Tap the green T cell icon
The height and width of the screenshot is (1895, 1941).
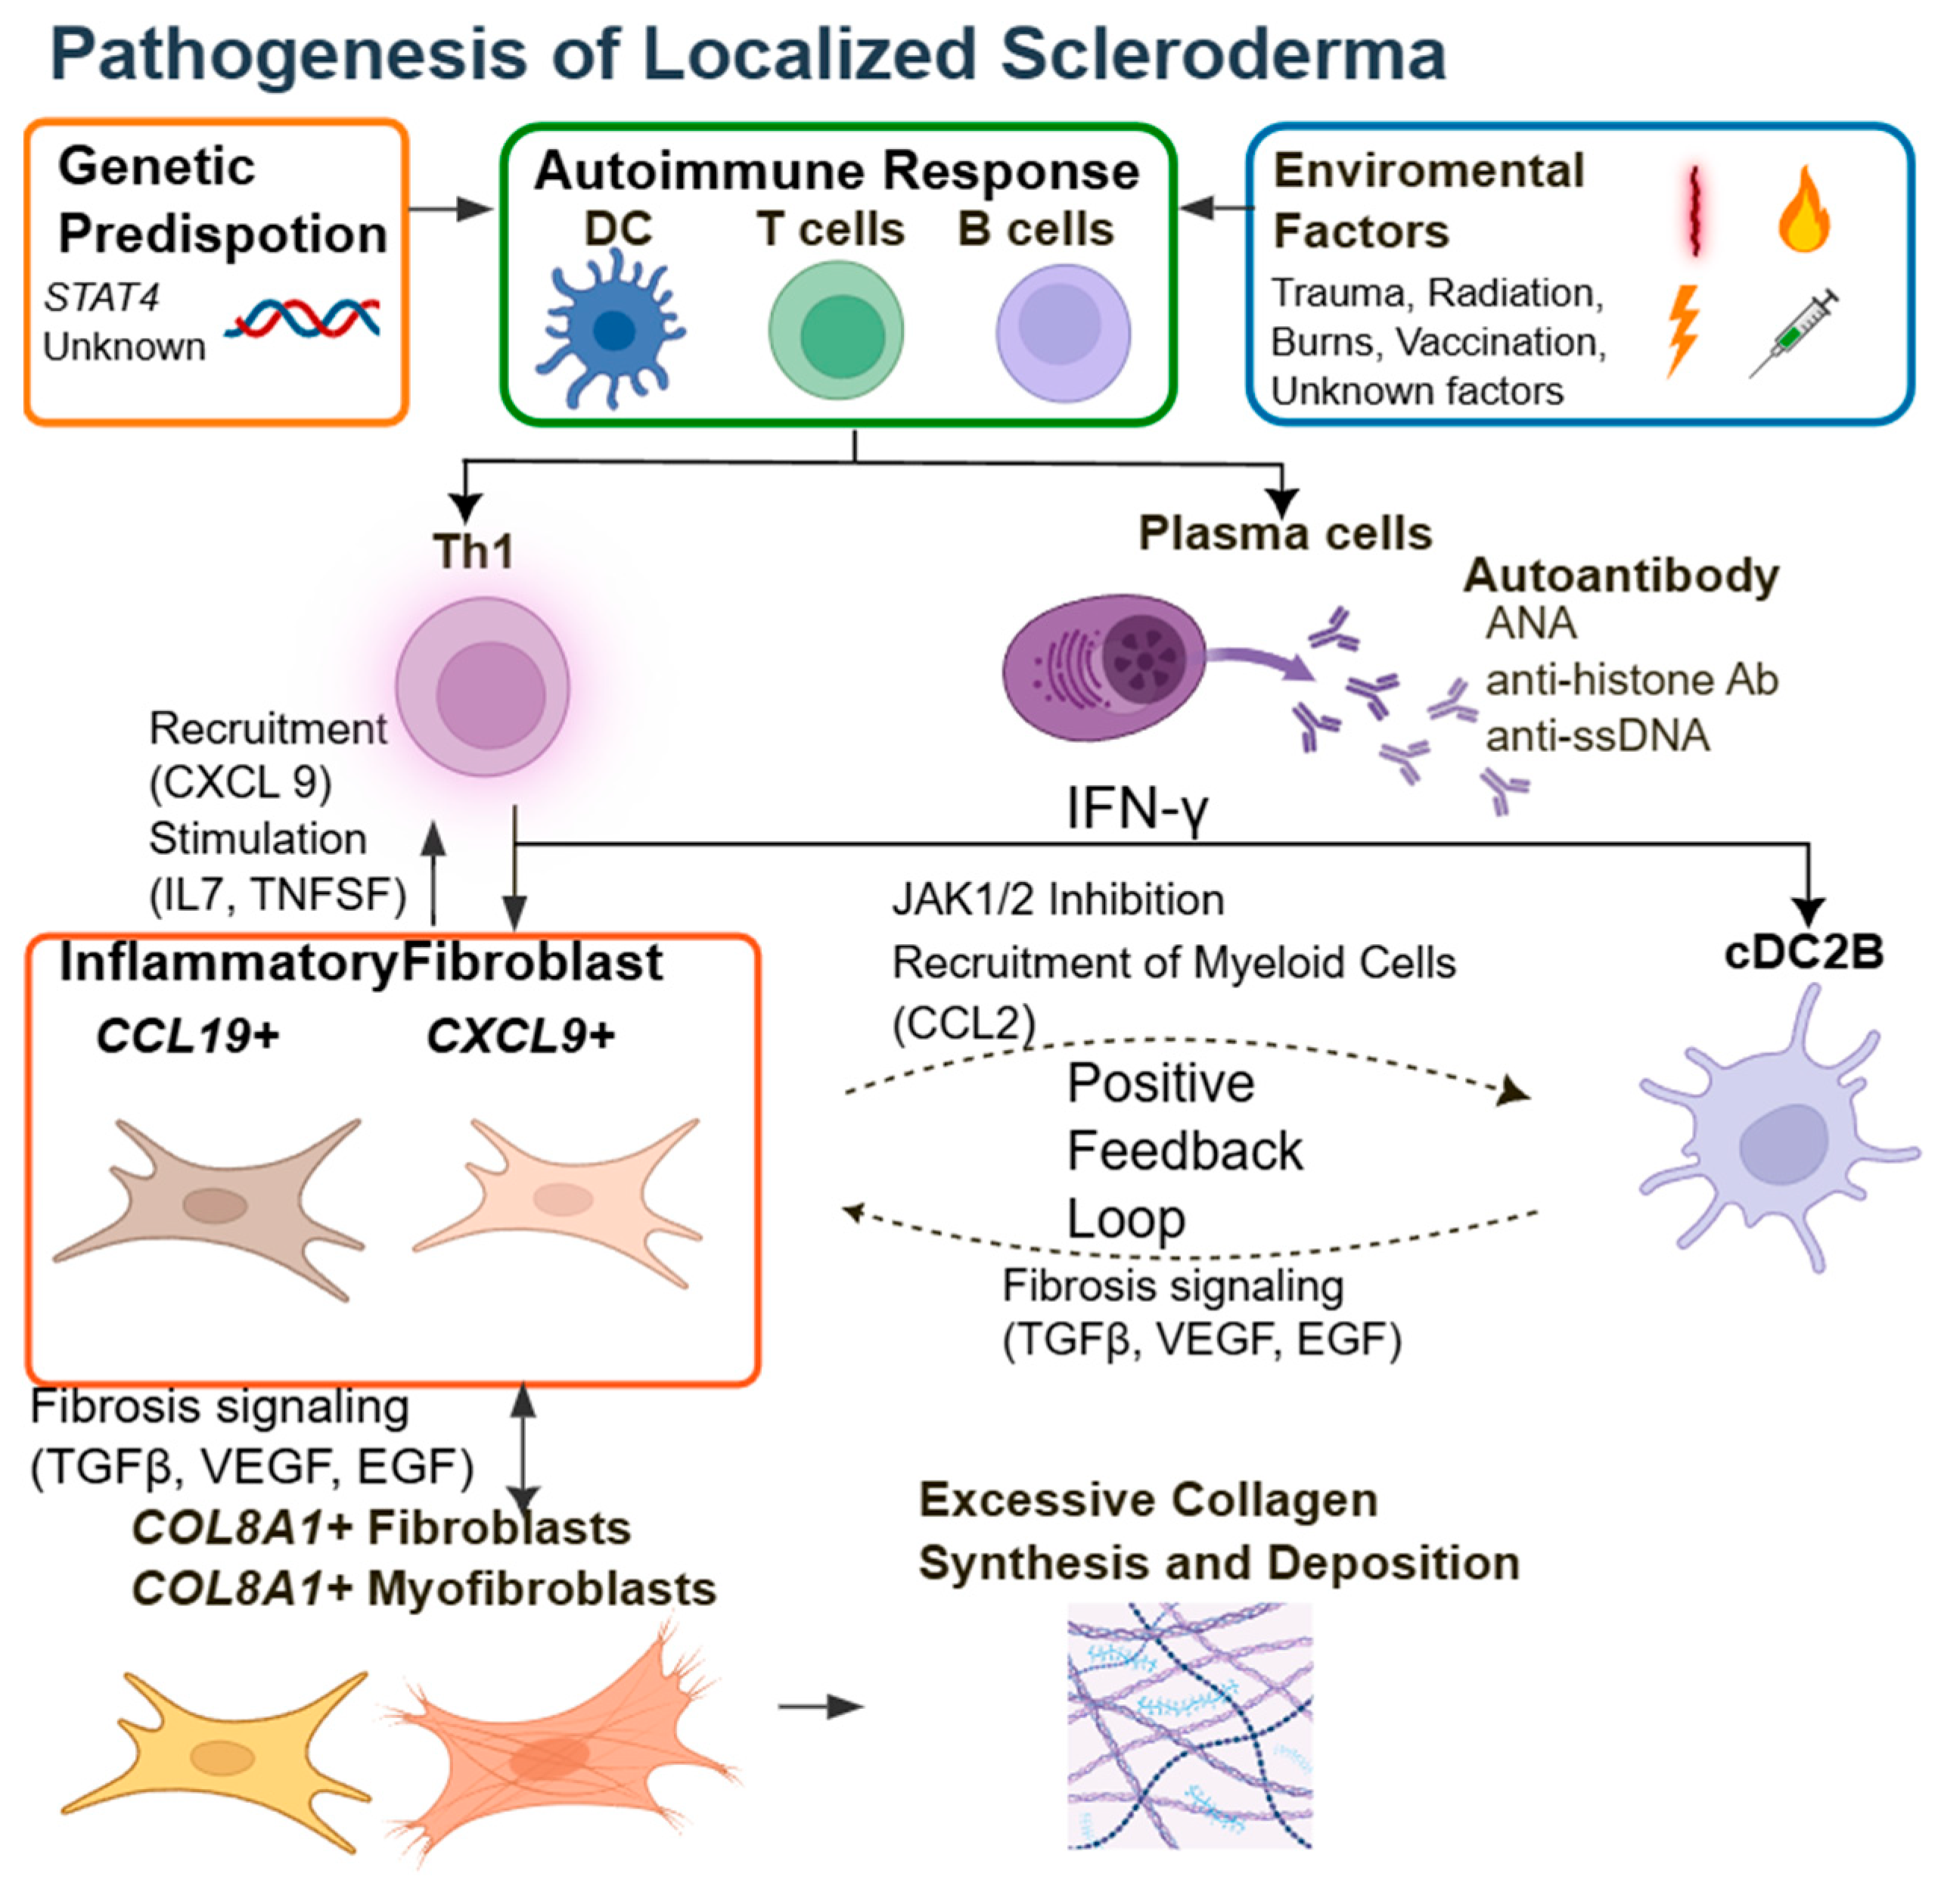click(836, 332)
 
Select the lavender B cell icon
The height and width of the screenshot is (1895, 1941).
click(1062, 332)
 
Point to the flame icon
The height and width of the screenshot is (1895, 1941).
click(1803, 211)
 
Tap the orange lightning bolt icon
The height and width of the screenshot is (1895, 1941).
click(1683, 329)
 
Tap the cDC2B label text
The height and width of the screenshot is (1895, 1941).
click(1803, 953)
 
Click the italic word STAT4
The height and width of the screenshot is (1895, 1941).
click(101, 297)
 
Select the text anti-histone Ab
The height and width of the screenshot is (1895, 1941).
click(1630, 681)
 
